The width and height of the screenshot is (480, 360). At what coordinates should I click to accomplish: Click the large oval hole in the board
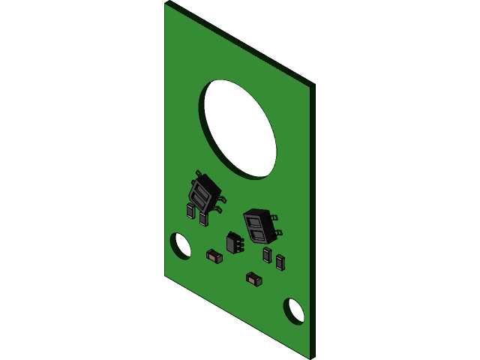238,129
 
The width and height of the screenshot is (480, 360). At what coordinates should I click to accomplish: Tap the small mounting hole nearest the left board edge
180,246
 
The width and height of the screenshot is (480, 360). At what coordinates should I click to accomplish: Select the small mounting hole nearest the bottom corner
293,311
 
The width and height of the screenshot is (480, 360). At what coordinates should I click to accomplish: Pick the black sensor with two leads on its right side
259,226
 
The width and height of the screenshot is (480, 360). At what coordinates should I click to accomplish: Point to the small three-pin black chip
234,243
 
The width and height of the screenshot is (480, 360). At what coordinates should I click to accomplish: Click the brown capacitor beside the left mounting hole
214,256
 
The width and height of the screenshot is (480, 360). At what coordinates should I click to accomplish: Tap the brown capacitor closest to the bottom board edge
253,279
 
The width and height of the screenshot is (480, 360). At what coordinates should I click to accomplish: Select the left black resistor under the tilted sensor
190,211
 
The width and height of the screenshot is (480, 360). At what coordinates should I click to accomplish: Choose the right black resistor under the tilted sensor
203,219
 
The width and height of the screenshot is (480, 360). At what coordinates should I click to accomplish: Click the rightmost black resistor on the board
280,262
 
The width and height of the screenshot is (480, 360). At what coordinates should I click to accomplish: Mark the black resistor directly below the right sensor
267,255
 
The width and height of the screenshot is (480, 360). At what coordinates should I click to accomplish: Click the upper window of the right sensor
253,222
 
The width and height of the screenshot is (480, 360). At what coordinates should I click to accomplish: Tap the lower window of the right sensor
260,235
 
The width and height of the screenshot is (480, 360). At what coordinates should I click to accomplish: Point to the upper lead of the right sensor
274,217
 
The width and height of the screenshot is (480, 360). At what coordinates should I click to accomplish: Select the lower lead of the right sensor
278,232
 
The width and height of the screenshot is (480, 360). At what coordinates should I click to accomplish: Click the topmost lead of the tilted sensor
198,173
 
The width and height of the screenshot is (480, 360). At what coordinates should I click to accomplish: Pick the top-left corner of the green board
166,4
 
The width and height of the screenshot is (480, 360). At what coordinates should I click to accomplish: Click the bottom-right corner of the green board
309,357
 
